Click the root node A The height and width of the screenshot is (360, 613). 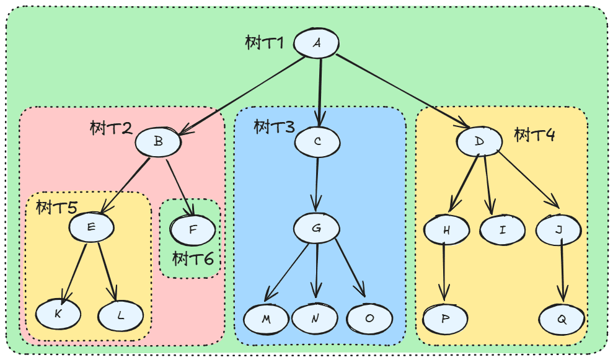[316, 43]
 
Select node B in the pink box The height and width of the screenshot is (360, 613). [158, 142]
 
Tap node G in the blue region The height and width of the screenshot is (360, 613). [317, 228]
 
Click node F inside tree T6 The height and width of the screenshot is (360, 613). [193, 230]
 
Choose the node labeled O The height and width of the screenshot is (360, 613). [369, 318]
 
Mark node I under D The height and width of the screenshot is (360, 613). [502, 230]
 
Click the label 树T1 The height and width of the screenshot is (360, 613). [265, 43]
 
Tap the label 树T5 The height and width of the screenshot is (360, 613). [56, 207]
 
